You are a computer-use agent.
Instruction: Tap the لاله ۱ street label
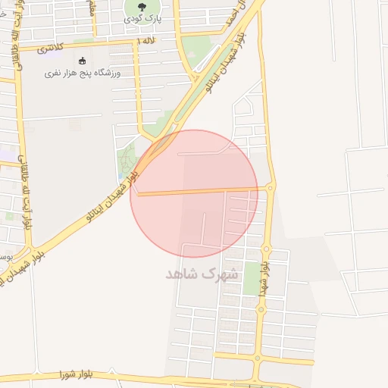pyautogui.click(x=145, y=40)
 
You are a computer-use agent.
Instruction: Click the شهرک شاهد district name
pyautogui.click(x=202, y=274)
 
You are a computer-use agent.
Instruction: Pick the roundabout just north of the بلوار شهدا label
pyautogui.click(x=266, y=249)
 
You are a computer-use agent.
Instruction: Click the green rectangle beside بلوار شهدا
pyautogui.click(x=251, y=280)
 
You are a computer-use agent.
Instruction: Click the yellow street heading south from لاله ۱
pyautogui.click(x=138, y=83)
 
